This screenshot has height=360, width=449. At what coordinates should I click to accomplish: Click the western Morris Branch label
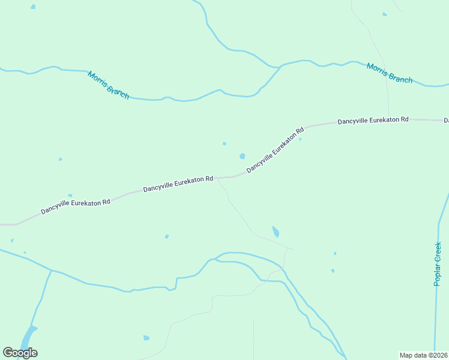[x=108, y=85]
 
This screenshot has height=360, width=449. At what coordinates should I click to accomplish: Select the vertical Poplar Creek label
[x=438, y=263]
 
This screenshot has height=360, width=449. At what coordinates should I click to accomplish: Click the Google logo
[x=20, y=352]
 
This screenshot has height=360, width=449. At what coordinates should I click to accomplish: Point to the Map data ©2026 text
[x=423, y=355]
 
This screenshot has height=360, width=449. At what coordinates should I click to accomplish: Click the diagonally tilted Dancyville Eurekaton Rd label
[x=275, y=149]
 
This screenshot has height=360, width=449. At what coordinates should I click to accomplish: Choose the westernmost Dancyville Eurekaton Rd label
[x=76, y=206]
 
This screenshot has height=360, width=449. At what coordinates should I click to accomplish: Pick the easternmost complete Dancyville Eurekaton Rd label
[x=373, y=121]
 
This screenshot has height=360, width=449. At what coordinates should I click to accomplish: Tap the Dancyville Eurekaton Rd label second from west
[x=178, y=184]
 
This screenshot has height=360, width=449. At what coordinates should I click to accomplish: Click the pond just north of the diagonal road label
[x=242, y=156]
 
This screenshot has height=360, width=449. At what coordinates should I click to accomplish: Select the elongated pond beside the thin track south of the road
[x=276, y=232]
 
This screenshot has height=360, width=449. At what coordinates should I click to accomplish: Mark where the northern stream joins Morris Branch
[x=281, y=66]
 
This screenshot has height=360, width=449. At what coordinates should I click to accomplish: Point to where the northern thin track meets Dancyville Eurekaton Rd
[x=388, y=118]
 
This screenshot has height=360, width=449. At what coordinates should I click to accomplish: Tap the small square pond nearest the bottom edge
[x=146, y=338]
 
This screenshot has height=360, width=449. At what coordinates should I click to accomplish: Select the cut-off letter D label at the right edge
[x=446, y=121]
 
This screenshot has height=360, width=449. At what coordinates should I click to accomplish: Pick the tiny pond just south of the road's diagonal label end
[x=300, y=140]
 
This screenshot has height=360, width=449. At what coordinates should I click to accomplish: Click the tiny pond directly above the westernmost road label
[x=70, y=195]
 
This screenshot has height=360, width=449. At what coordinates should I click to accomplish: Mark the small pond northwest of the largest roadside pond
[x=224, y=143]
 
